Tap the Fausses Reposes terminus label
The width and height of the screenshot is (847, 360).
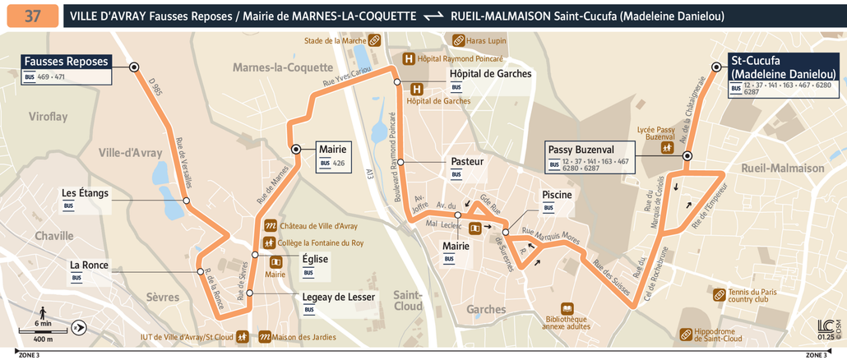(66, 62)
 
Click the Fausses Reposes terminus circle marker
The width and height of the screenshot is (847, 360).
(133, 67)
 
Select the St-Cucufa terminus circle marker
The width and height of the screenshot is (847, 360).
(714, 68)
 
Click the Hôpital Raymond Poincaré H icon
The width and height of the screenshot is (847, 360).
(408, 59)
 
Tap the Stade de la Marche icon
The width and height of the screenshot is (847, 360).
(374, 39)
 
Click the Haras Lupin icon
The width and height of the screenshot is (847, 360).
(458, 40)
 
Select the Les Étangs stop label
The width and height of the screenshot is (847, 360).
(85, 194)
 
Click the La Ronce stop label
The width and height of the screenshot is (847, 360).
(89, 265)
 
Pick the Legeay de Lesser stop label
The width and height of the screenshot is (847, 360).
(339, 297)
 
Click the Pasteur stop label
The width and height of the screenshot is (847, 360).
(467, 162)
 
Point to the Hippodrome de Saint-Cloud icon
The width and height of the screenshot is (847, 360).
(686, 334)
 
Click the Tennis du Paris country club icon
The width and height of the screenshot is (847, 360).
(720, 294)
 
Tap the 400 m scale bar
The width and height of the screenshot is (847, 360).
(43, 332)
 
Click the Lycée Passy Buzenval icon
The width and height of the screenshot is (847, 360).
(669, 147)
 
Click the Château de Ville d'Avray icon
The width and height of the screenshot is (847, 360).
(269, 225)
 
